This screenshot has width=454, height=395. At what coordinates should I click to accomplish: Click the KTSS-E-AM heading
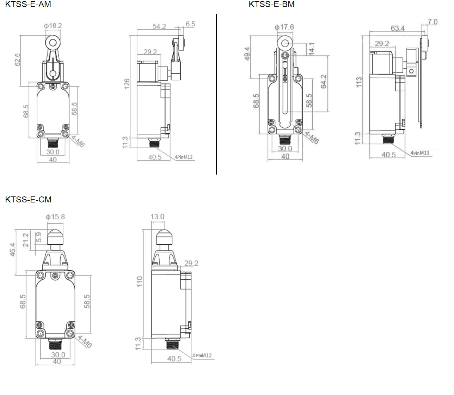pyautogui.click(x=28, y=4)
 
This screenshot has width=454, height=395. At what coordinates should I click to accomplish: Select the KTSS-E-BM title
pyautogui.click(x=271, y=4)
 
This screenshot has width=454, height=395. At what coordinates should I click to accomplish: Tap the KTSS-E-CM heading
pyautogui.click(x=29, y=199)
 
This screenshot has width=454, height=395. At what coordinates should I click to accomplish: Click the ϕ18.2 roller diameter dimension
pyautogui.click(x=53, y=26)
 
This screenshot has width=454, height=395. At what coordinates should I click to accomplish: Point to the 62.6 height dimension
pyautogui.click(x=17, y=60)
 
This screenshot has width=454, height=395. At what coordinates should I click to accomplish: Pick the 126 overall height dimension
pyautogui.click(x=127, y=84)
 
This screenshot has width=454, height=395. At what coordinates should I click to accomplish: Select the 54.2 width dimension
pyautogui.click(x=159, y=26)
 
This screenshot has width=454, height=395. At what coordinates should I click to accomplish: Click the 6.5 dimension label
pyautogui.click(x=190, y=24)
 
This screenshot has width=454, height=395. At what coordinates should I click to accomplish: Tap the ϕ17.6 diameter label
pyautogui.click(x=284, y=27)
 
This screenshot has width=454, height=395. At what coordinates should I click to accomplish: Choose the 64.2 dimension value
pyautogui.click(x=324, y=81)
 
